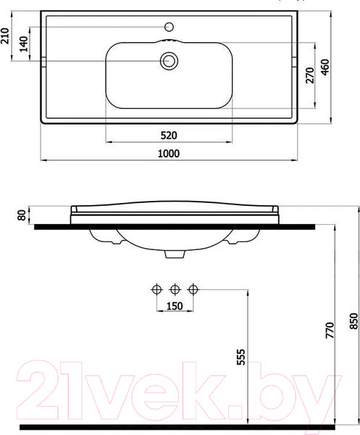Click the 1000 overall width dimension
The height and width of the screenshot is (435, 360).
(x=169, y=154)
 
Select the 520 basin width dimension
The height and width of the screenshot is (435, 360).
(x=169, y=136)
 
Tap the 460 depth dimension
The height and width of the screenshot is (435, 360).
(x=325, y=67)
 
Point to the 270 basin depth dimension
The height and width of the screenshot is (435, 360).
(x=310, y=75)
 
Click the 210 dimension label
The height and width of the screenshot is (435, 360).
(x=6, y=36)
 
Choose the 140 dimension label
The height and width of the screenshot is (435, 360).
(x=24, y=43)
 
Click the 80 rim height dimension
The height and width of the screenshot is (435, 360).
(x=21, y=215)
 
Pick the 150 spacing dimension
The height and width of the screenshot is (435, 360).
(x=175, y=306)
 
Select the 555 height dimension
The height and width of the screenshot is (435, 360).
(x=240, y=357)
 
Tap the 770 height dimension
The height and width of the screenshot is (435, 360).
(x=330, y=330)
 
